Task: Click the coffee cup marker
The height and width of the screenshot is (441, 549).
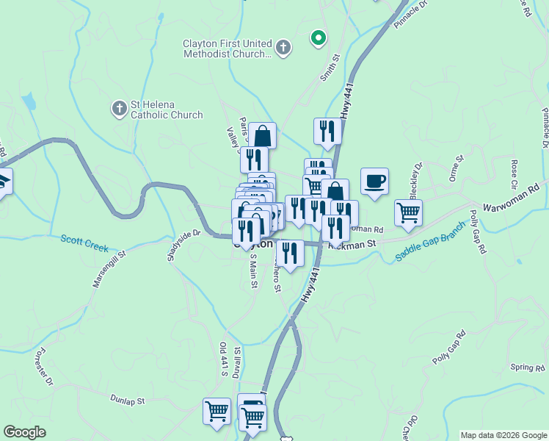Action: pyautogui.click(x=374, y=182)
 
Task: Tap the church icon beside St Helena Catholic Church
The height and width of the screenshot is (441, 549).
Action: pyautogui.click(x=119, y=110)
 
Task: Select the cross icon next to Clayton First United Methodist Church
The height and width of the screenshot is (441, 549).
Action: pyautogui.click(x=283, y=49)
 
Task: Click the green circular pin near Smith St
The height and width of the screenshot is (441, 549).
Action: pyautogui.click(x=318, y=37)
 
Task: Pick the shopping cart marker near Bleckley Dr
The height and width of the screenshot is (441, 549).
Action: pyautogui.click(x=408, y=213)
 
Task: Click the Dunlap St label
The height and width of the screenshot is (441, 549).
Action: pyautogui.click(x=129, y=401)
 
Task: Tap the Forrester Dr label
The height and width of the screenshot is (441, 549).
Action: pyautogui.click(x=43, y=367)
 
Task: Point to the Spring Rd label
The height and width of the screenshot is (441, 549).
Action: pyautogui.click(x=529, y=367)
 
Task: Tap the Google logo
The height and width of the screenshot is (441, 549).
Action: pyautogui.click(x=25, y=432)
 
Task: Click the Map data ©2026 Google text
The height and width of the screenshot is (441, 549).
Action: pyautogui.click(x=502, y=435)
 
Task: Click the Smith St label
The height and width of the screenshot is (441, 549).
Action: pyautogui.click(x=330, y=67)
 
